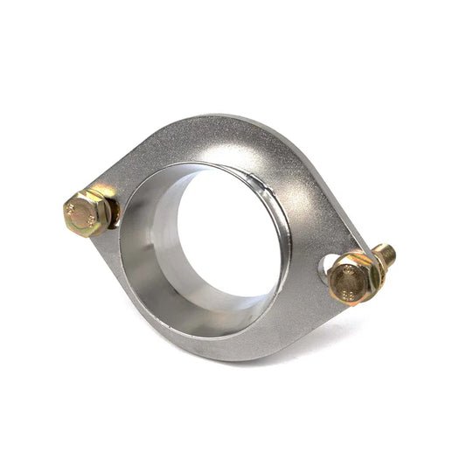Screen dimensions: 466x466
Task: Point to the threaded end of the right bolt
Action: tap(386, 255)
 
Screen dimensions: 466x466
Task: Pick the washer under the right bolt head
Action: tap(371, 273)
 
